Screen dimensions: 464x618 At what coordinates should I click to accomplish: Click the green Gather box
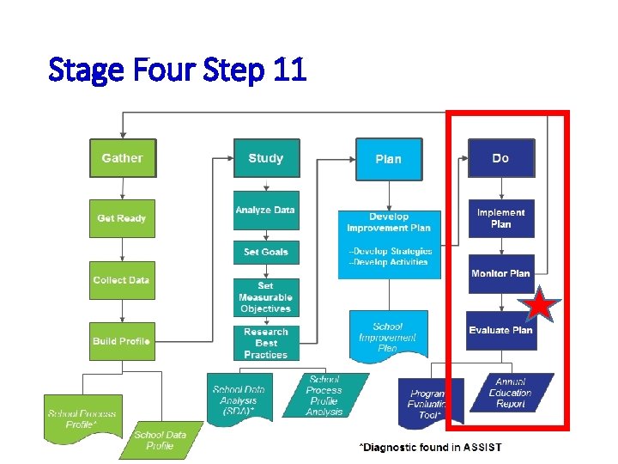[123, 158]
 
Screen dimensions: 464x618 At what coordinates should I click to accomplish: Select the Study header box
[266, 158]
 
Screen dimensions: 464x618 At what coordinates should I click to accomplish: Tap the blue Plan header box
[389, 159]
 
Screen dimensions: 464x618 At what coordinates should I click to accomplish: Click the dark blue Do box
[500, 158]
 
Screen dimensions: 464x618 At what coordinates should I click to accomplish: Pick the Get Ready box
[122, 218]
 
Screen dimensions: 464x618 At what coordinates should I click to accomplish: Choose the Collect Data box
[122, 280]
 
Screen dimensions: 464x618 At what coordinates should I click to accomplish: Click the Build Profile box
[122, 341]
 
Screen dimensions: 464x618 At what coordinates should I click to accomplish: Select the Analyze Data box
[266, 211]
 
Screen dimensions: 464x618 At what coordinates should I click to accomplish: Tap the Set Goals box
[266, 252]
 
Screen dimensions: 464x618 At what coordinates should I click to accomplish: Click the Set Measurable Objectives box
[266, 297]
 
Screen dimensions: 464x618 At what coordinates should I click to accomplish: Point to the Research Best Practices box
[266, 343]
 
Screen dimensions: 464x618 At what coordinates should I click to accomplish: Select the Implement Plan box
[501, 218]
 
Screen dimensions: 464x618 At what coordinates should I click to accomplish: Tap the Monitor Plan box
[501, 273]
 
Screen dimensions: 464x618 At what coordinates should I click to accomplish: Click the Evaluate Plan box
[501, 330]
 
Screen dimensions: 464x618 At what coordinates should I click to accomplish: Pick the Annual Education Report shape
[511, 393]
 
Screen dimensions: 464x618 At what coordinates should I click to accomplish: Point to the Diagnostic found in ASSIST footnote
[430, 447]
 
